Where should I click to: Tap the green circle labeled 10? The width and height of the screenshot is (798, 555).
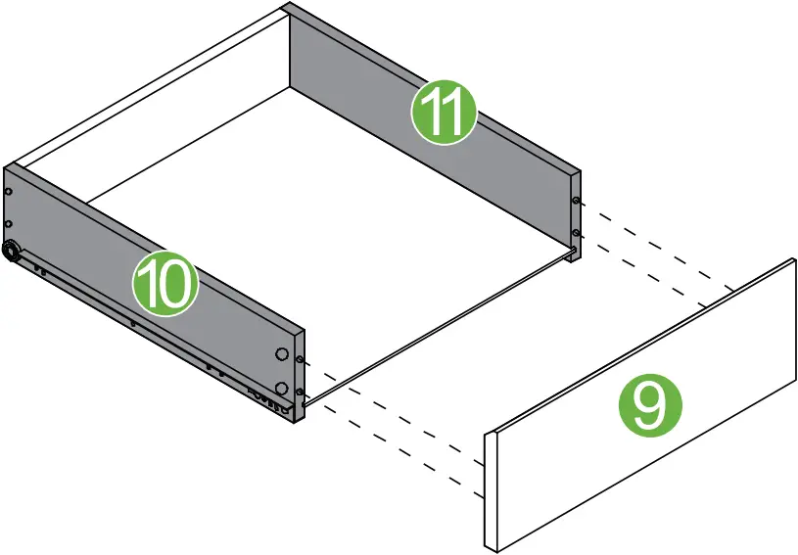165,284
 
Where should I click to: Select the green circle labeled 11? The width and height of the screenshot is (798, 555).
444,114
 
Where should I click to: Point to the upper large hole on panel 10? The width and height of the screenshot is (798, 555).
282,354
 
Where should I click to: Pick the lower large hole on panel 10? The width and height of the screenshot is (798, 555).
282,390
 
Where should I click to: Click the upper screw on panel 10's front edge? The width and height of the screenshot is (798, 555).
299,360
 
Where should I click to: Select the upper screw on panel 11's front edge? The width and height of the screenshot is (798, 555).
575,202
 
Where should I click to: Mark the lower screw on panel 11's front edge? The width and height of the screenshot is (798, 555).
575,233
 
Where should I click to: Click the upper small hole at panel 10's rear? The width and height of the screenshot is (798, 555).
9,192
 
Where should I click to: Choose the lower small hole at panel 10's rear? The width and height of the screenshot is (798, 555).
9,224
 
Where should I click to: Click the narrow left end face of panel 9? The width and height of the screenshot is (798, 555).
493,489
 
